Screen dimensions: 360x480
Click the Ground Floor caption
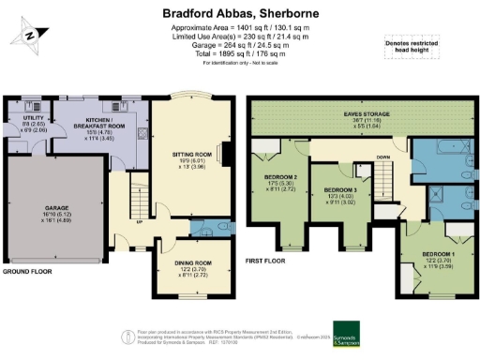(27, 271)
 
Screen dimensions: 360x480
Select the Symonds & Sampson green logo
(352, 335)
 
